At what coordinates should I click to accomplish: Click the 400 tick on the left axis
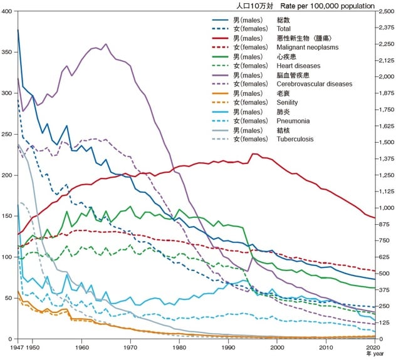click(x=8, y=12)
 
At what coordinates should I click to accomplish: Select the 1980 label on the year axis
click(x=179, y=347)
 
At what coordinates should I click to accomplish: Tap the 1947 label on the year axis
click(x=17, y=347)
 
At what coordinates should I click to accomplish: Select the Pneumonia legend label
click(x=294, y=120)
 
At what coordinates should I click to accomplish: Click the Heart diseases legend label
click(x=299, y=65)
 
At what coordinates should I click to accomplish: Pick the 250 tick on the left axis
click(x=8, y=135)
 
